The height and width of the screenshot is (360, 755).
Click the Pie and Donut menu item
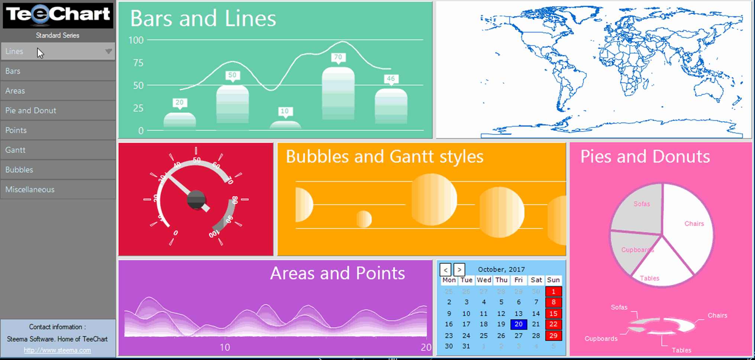click(30, 110)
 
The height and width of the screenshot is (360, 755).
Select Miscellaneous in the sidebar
click(30, 189)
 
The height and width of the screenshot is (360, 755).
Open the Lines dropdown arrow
click(108, 51)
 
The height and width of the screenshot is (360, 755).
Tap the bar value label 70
click(338, 57)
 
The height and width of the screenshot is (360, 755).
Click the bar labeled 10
click(285, 125)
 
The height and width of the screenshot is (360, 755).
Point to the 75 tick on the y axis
click(138, 63)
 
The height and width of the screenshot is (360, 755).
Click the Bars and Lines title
click(203, 19)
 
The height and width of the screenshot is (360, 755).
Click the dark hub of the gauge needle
click(196, 199)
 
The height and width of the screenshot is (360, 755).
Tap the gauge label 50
click(197, 160)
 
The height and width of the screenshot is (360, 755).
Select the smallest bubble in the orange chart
click(364, 219)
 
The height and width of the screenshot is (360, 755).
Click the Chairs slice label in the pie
click(694, 224)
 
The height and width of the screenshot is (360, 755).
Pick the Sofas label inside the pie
click(642, 204)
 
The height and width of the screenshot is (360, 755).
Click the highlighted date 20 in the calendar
click(518, 324)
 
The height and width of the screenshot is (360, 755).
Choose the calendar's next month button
click(459, 269)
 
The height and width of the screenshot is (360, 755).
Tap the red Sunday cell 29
click(553, 335)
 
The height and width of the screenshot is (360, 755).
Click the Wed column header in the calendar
click(484, 280)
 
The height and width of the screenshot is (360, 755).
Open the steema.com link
click(57, 350)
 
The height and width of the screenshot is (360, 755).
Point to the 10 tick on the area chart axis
click(225, 347)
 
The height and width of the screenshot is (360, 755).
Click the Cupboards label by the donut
click(601, 338)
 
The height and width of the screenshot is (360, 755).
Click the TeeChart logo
click(58, 15)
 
